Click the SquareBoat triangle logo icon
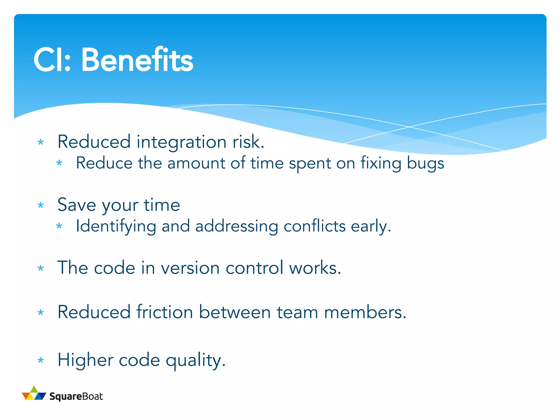click(34, 393)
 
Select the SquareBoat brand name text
click(76, 396)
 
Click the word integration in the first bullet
click(181, 142)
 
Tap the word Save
click(77, 205)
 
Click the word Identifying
click(116, 226)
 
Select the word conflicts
click(314, 226)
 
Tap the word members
click(365, 312)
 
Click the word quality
click(196, 360)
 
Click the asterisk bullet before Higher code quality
click(41, 360)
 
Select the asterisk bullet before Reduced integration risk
click(41, 142)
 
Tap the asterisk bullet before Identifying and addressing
click(59, 226)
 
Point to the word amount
click(196, 164)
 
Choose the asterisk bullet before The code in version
click(41, 268)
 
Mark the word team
click(297, 312)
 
